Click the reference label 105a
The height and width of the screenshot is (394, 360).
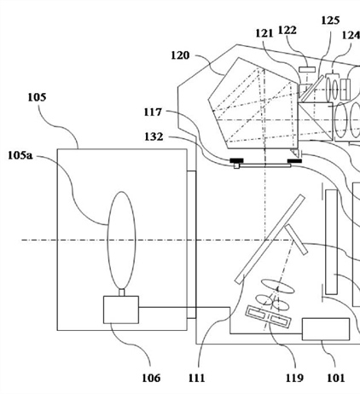[x=20, y=155]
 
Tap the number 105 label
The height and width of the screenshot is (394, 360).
[x=37, y=97]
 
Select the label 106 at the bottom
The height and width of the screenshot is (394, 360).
[x=151, y=378]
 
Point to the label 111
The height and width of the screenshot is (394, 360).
[x=196, y=378]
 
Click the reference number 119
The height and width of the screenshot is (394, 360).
[x=294, y=378]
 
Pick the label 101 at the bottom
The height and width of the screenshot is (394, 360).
[x=336, y=378]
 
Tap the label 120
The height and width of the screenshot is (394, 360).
[x=180, y=55]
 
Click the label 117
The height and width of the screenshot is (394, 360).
[x=153, y=112]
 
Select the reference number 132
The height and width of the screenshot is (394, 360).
[x=154, y=136]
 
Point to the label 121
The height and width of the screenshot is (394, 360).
[x=264, y=33]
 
